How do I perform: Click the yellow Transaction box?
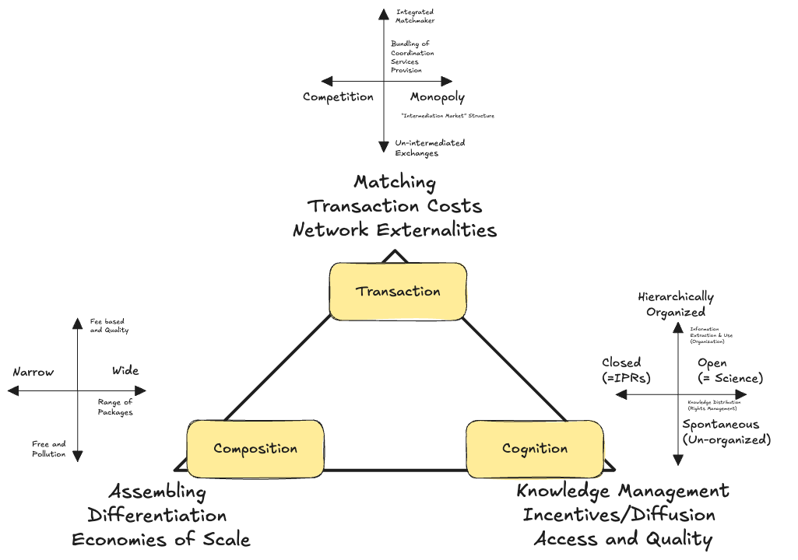398,292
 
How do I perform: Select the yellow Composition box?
255,449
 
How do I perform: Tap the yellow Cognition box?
534,449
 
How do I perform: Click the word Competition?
338,97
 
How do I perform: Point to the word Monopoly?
438,97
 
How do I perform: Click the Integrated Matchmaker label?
415,16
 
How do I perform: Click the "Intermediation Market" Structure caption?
447,116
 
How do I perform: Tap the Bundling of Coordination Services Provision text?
412,57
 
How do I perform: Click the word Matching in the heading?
395,182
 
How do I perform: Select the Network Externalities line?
395,230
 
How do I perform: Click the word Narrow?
33,372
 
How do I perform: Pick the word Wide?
125,370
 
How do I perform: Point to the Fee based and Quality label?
109,326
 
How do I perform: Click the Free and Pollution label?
49,449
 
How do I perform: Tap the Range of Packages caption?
115,407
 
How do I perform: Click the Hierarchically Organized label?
676,304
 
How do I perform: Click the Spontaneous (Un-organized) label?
726,432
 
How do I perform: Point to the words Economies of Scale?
161,540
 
